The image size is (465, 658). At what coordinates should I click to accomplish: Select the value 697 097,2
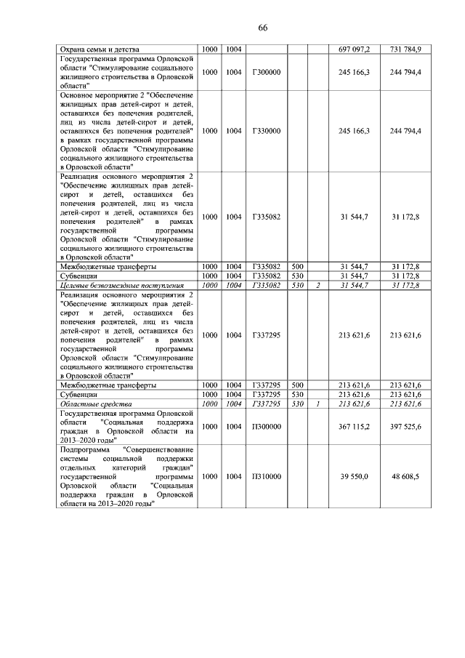pyautogui.click(x=355, y=49)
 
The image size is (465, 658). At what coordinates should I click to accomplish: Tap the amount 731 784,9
pyautogui.click(x=405, y=49)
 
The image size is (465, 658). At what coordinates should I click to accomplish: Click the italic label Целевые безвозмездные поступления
pyautogui.click(x=120, y=286)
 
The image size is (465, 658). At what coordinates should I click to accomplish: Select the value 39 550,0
pyautogui.click(x=355, y=476)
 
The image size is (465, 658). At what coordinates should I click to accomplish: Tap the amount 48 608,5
pyautogui.click(x=405, y=476)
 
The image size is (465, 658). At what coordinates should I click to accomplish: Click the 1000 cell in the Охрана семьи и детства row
pyautogui.click(x=209, y=49)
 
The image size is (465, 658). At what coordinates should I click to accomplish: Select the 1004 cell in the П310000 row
pyautogui.click(x=234, y=476)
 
